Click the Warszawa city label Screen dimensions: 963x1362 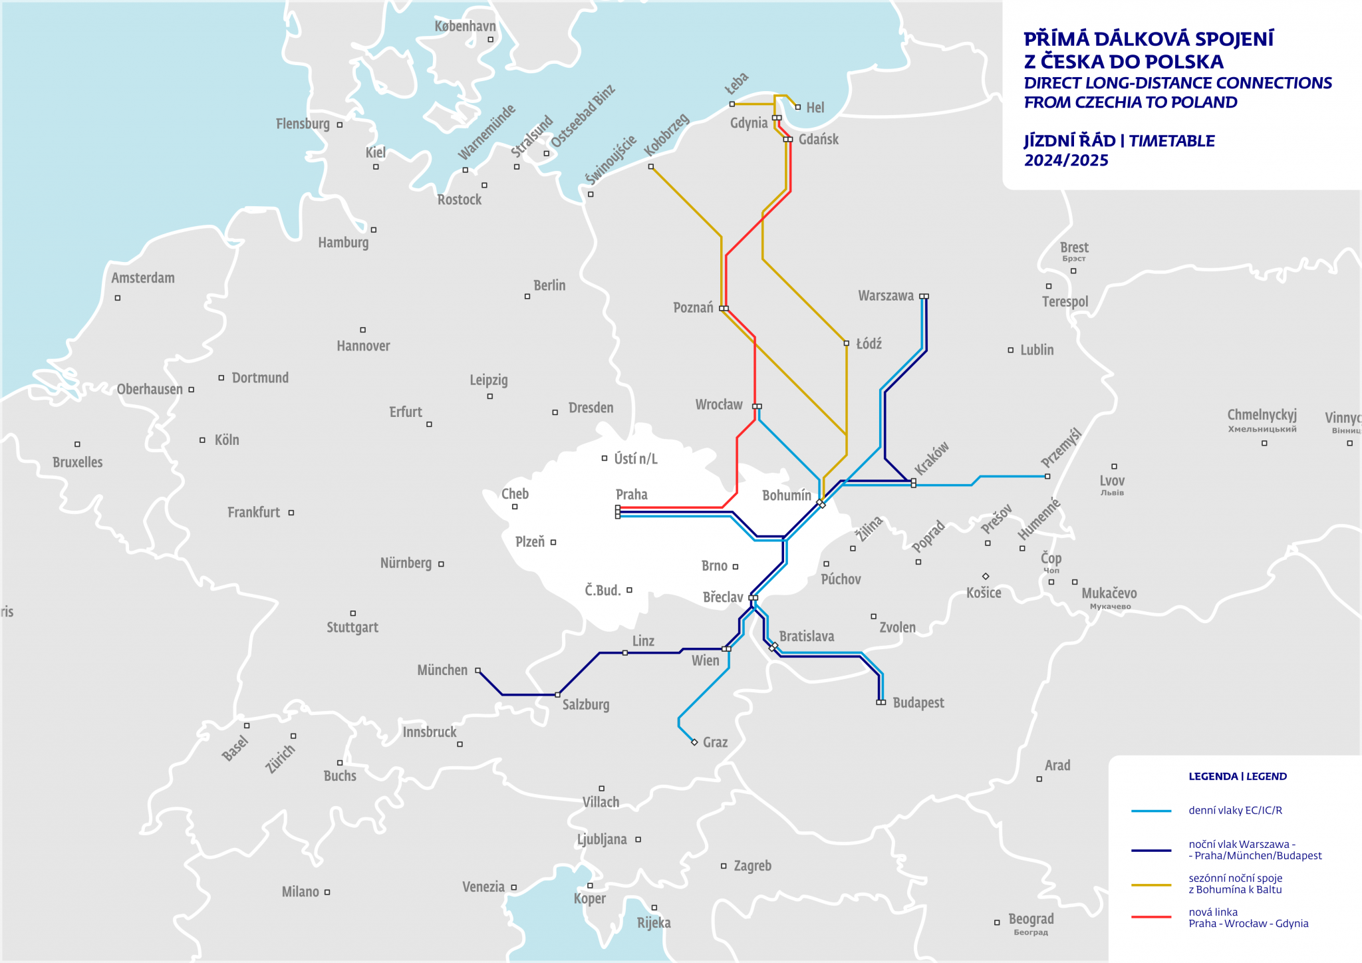coord(886,296)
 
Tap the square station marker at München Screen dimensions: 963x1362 coord(477,670)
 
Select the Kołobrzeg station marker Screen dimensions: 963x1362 coord(651,166)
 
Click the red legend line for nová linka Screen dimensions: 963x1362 coord(1151,917)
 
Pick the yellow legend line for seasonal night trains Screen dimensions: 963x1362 coord(1151,885)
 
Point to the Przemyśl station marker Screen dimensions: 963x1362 coord(1047,476)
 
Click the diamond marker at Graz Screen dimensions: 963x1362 coord(694,742)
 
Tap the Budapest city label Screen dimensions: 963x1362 coord(918,703)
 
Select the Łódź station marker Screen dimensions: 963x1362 coord(847,343)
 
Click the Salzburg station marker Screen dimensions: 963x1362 coord(557,694)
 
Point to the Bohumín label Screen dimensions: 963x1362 coord(786,495)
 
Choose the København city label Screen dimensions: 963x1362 coord(465,27)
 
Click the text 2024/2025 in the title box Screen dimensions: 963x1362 coord(1066,160)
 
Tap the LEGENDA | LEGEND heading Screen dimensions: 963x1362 coord(1237,776)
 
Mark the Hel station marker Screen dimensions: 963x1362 coord(797,107)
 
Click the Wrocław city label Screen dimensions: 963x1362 coord(718,404)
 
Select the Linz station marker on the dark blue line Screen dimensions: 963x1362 coord(625,653)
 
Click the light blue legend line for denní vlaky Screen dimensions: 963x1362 coord(1151,811)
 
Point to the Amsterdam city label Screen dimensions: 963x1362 coord(143,278)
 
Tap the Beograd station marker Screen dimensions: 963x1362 coord(997,922)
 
